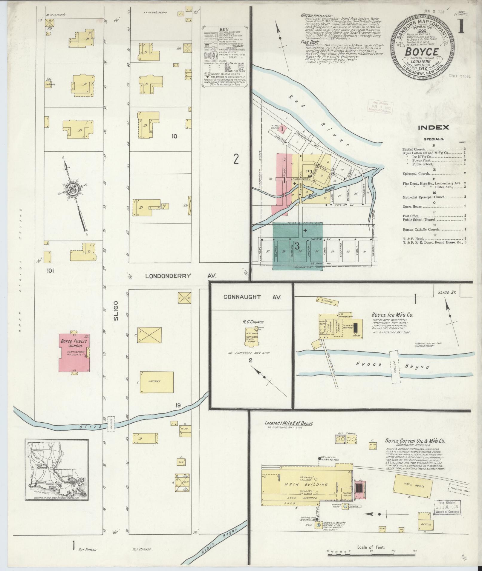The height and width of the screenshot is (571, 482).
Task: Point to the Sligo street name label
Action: point(116,310)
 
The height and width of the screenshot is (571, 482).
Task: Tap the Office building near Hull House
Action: point(426,524)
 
